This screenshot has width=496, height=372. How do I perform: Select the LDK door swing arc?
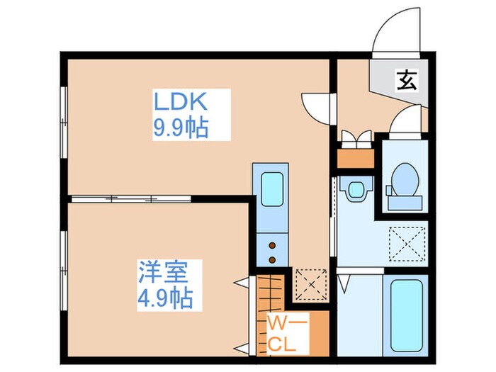pos(317,108)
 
